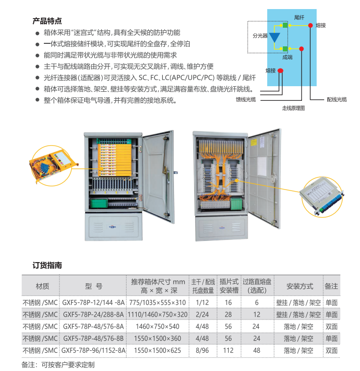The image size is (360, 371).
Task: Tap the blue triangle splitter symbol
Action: (x=275, y=37)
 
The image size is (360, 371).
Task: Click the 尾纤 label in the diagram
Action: (x=299, y=18)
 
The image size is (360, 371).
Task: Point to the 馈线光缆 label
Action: (x=246, y=99)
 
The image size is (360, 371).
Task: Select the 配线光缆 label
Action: (x=336, y=99)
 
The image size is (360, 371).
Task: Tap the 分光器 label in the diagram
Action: (x=260, y=36)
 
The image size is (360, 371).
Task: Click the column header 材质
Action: (x=43, y=286)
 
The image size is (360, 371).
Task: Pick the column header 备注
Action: (x=331, y=286)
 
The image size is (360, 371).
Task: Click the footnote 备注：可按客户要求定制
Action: (x=58, y=364)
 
